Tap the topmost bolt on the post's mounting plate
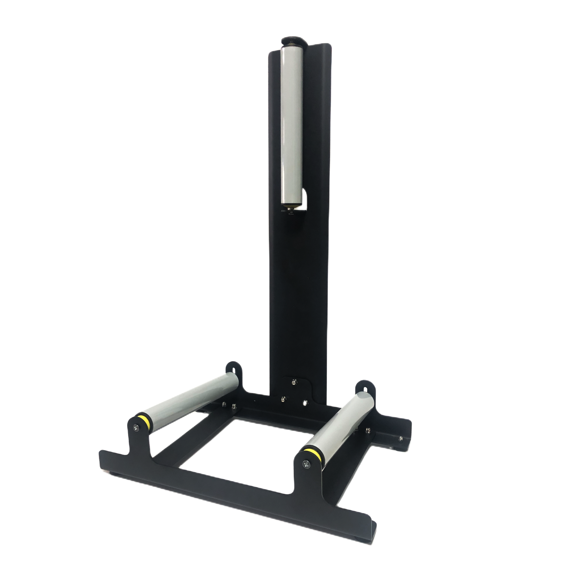click(x=294, y=380)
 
